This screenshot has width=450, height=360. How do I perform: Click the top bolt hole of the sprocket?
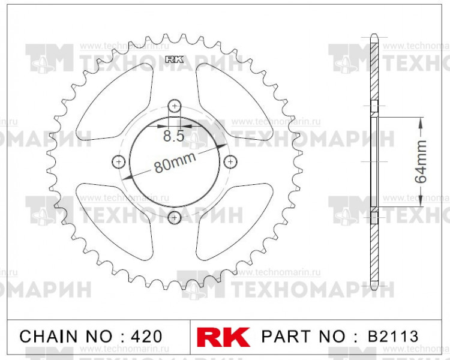[175, 106]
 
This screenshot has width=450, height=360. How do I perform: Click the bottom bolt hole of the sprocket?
[175, 217]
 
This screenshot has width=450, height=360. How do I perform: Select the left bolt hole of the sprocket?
[119, 161]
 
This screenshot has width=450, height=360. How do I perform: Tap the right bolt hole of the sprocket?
[229, 161]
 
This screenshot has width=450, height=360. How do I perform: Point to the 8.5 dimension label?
[173, 136]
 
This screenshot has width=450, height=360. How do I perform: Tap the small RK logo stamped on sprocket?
[174, 59]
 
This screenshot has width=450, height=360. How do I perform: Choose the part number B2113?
[393, 336]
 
